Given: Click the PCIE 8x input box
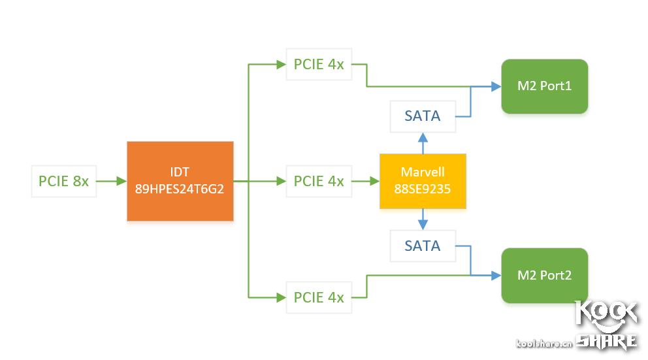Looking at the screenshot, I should point(63,181).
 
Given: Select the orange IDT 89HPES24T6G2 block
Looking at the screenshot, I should point(180,180).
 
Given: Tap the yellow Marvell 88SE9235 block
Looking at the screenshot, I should point(423,181).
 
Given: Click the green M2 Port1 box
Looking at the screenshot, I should point(544,86).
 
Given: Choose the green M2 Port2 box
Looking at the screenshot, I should point(544,275).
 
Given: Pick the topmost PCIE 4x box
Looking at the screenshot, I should point(319,65).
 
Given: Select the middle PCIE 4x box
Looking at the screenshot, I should point(319,181).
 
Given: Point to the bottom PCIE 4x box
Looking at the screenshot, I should point(319,297).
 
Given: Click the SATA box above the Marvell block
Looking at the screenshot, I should point(423,116).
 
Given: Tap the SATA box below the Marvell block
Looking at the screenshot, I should point(423,246).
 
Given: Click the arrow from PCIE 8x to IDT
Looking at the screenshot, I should point(112,181).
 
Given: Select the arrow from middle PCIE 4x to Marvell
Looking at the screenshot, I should point(366,181).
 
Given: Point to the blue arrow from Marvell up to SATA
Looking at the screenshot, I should point(423,142).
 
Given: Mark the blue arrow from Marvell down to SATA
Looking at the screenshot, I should point(423,220).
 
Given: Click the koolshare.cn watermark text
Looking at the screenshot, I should point(543,343).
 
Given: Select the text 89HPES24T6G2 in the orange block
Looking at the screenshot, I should point(180,189).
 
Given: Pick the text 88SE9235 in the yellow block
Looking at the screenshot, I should point(423,189).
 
